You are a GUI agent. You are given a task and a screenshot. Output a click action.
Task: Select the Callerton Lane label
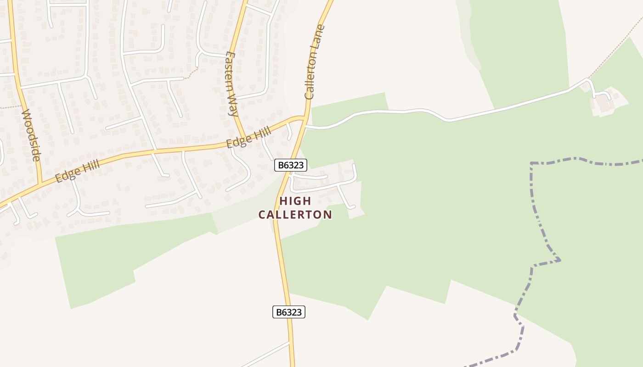pyautogui.click(x=315, y=62)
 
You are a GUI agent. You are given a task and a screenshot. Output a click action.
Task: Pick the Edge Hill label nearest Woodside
pyautogui.click(x=77, y=171)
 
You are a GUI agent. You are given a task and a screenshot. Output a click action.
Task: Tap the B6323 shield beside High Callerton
pyautogui.click(x=290, y=165)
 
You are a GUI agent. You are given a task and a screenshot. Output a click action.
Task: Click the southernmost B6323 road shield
pyautogui.click(x=289, y=312)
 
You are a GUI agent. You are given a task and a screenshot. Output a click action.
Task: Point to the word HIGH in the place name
pyautogui.click(x=295, y=201)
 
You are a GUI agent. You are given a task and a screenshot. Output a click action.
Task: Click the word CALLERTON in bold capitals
pyautogui.click(x=295, y=215)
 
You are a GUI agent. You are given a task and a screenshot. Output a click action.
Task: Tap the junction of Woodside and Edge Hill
pyautogui.click(x=40, y=183)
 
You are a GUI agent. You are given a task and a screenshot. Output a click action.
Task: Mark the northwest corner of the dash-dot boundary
pyautogui.click(x=531, y=163)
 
